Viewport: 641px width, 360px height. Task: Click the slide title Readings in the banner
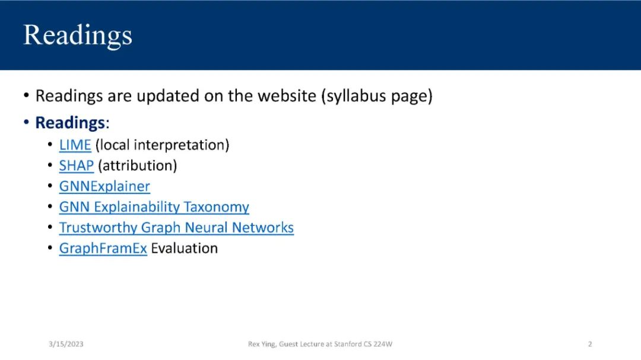pos(78,36)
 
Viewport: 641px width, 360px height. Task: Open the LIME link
pos(75,145)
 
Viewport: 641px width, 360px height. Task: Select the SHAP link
pos(77,165)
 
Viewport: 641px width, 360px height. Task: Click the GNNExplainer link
pos(104,186)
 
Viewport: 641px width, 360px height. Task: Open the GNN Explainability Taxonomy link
pos(154,207)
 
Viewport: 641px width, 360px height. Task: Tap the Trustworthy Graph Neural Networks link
pos(177,228)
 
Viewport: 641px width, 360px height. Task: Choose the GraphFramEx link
pos(103,249)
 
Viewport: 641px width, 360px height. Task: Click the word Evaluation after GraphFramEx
pos(185,248)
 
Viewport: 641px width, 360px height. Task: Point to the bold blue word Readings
pos(70,123)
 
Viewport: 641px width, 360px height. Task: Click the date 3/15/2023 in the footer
pos(66,344)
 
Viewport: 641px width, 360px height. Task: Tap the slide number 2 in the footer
pos(590,344)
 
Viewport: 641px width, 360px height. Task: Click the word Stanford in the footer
pos(348,344)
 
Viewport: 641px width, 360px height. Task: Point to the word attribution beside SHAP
pos(137,165)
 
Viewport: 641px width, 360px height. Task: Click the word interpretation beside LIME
pos(180,145)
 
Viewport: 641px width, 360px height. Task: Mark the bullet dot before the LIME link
pos(50,145)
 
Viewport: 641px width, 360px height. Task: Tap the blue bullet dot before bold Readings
pos(27,122)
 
